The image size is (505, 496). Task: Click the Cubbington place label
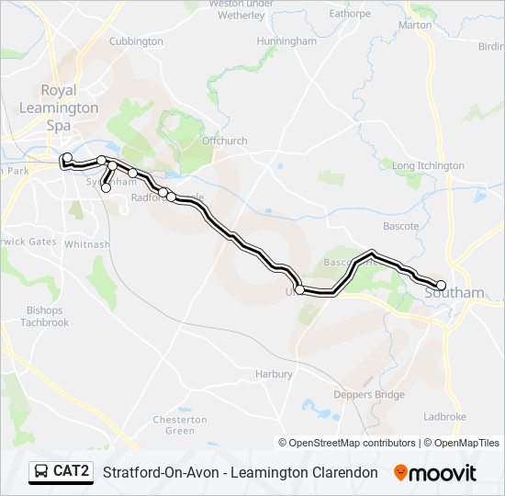[135, 41]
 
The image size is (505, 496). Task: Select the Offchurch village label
[225, 141]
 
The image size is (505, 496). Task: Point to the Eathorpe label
[350, 14]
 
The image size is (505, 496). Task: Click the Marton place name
[416, 25]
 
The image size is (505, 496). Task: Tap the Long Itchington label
[429, 165]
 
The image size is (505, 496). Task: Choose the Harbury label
[274, 374]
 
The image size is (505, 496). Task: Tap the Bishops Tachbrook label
[45, 316]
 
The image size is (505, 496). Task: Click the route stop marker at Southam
[441, 285]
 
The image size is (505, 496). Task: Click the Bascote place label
[401, 226]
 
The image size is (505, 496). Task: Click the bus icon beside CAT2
[41, 472]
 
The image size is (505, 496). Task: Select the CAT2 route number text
[72, 472]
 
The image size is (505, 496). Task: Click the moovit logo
[435, 473]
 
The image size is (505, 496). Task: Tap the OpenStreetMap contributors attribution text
[353, 443]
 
